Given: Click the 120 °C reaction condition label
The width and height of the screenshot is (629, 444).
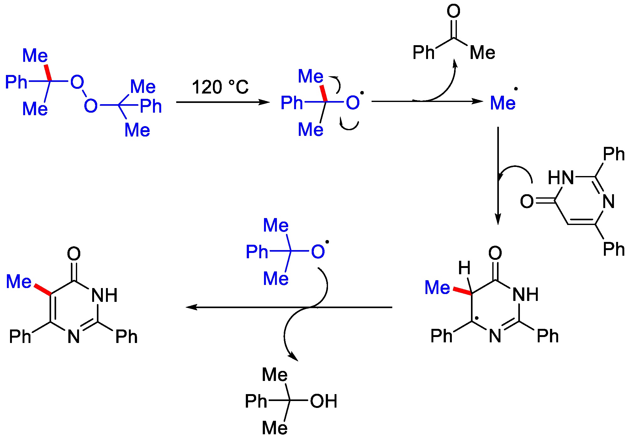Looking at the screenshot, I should [x=220, y=87].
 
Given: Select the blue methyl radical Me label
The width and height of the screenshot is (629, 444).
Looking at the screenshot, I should [x=503, y=103].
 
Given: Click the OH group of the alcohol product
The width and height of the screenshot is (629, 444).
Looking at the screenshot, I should [x=324, y=401].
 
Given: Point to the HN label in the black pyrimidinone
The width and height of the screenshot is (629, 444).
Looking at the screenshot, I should [x=561, y=178].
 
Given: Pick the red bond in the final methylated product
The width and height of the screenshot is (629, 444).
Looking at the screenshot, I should [x=43, y=290].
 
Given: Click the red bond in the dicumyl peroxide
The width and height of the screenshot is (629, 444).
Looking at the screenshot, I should [x=47, y=73].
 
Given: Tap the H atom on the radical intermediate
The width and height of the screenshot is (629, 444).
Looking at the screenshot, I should [x=464, y=268].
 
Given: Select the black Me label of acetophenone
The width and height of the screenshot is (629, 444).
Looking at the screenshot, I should [x=482, y=52].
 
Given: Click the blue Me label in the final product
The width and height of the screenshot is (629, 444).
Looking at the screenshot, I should [x=19, y=281].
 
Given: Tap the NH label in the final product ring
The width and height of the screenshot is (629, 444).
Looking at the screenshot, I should [x=104, y=295].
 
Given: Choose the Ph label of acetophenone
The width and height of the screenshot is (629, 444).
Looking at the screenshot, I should [x=423, y=52].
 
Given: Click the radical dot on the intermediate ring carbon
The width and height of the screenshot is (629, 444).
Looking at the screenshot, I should [x=477, y=318].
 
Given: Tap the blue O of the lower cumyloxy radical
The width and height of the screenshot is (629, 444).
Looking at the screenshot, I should [x=318, y=252].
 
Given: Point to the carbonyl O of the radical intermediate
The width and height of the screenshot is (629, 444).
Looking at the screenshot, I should [x=495, y=253].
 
